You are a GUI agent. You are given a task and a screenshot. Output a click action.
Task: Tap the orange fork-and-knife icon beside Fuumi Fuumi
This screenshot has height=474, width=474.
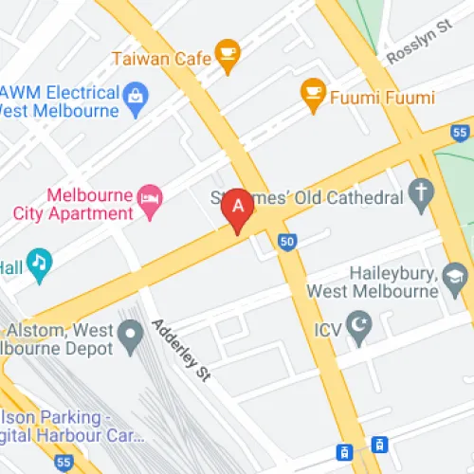[313, 93]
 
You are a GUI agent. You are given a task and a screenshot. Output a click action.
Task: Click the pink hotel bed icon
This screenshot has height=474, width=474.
[151, 197]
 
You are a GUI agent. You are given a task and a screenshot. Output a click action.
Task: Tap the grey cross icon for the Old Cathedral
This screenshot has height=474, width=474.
[421, 194]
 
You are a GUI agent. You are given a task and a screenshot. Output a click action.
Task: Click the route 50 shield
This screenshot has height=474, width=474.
[286, 244]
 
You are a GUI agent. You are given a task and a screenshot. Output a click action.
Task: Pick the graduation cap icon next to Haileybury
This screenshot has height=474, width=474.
[456, 277]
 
